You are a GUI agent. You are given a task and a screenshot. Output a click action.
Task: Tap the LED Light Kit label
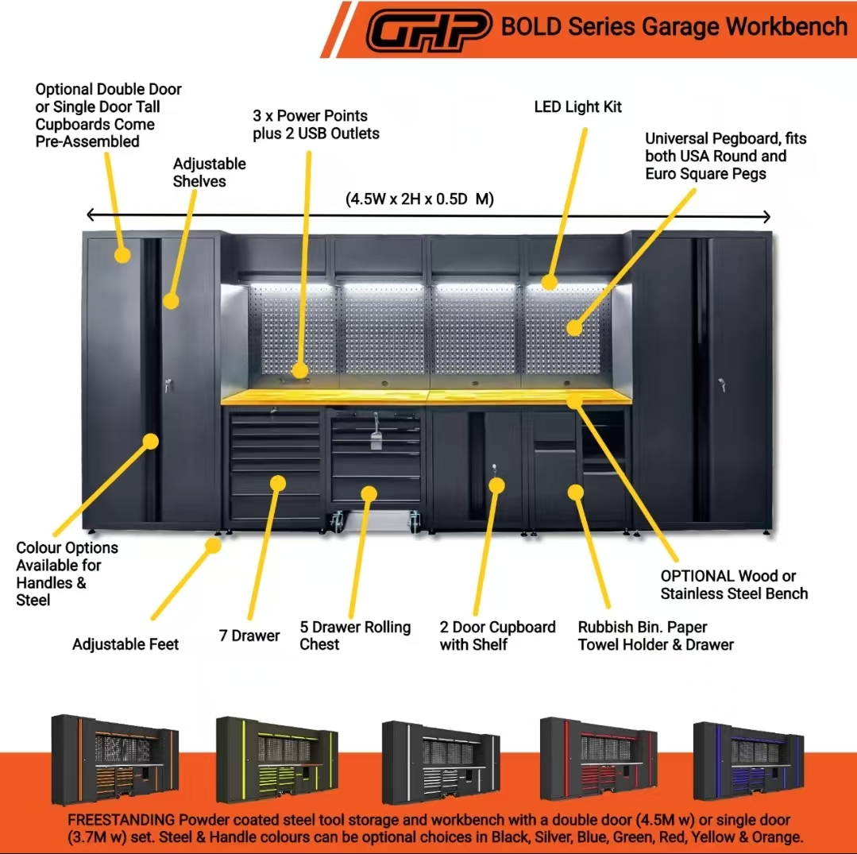(577, 106)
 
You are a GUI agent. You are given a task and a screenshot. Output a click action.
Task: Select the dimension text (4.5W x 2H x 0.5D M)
(419, 199)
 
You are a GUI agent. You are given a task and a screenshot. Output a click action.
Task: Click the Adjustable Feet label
(125, 643)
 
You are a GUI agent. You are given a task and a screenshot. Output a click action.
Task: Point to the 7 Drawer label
(249, 636)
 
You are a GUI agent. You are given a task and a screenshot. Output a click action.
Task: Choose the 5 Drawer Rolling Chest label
(355, 636)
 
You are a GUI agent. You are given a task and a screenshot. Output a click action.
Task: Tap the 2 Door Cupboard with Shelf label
(498, 636)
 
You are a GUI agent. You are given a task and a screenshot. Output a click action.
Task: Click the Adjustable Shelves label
(210, 172)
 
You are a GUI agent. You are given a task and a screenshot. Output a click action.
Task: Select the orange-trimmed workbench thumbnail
(115, 759)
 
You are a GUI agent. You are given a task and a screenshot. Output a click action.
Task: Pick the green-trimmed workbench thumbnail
(276, 759)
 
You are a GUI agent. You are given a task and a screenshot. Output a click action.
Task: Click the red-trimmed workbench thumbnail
(598, 759)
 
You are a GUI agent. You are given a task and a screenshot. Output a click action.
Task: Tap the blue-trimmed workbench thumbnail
(748, 759)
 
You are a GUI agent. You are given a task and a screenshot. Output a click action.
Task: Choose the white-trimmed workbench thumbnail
(440, 759)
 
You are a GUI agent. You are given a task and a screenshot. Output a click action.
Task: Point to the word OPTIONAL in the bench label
(697, 576)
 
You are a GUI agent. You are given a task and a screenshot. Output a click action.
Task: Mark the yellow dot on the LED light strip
(548, 281)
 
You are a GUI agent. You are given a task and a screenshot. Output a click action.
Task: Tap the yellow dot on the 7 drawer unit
(277, 481)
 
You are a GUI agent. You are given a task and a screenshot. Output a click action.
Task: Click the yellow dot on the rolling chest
(369, 493)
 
